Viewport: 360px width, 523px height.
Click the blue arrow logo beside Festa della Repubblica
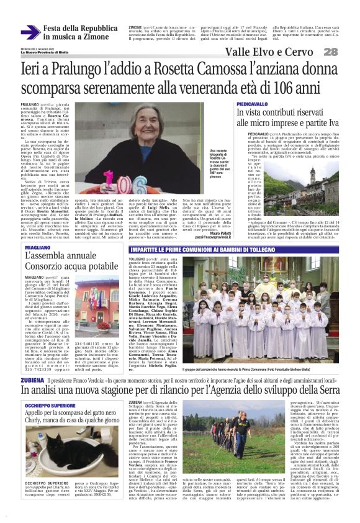(30, 33)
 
